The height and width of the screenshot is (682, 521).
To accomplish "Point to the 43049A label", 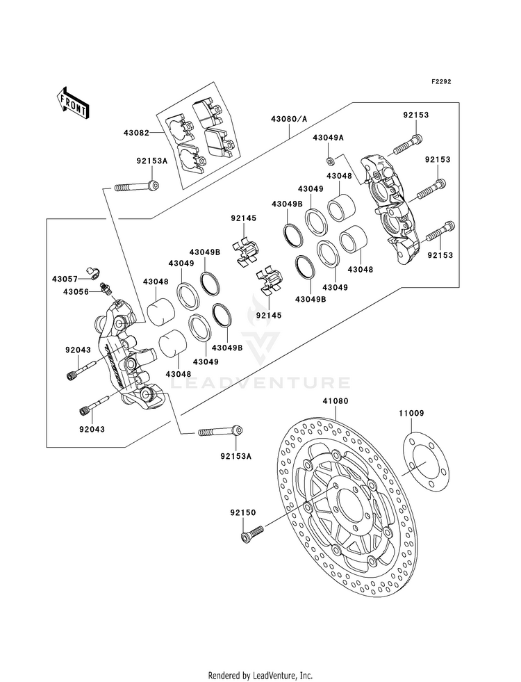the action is [x=328, y=138].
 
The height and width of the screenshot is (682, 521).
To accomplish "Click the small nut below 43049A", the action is [x=331, y=162].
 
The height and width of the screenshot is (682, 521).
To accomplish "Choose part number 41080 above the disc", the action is [x=335, y=401].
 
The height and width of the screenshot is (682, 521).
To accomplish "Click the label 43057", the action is [x=65, y=278].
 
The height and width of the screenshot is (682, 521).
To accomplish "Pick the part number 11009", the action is [x=411, y=413].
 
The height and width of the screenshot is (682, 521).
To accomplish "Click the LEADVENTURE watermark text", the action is [x=260, y=383].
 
